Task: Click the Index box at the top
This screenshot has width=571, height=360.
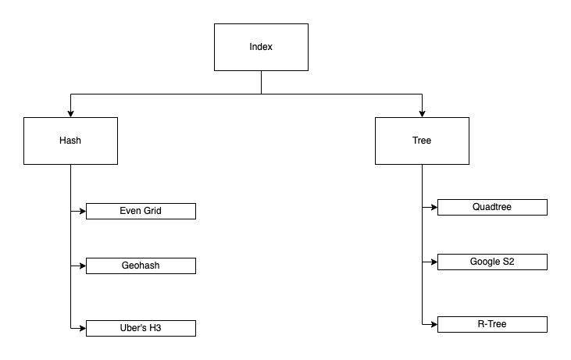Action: (x=261, y=47)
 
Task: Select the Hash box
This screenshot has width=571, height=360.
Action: (x=70, y=141)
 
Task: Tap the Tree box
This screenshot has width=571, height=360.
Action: (x=422, y=141)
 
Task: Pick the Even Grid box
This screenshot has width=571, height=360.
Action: (x=141, y=211)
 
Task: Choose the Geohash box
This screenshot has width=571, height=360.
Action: (x=141, y=266)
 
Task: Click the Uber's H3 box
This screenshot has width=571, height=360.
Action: (x=141, y=328)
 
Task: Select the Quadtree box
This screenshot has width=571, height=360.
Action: (x=492, y=207)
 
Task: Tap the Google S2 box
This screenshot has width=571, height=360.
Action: (x=492, y=262)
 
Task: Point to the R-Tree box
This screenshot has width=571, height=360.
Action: (x=492, y=324)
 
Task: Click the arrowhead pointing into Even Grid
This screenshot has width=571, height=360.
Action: (x=82, y=211)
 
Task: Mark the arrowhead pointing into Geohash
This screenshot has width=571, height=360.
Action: (x=82, y=266)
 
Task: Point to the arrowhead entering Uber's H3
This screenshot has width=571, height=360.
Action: (x=82, y=328)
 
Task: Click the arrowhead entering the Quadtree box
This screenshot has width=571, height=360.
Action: (x=434, y=207)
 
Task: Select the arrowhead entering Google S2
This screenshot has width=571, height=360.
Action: (x=434, y=262)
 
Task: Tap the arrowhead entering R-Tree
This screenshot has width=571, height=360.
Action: (x=434, y=324)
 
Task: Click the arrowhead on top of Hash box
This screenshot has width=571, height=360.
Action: (x=70, y=113)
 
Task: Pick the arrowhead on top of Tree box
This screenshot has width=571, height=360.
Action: (x=422, y=113)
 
